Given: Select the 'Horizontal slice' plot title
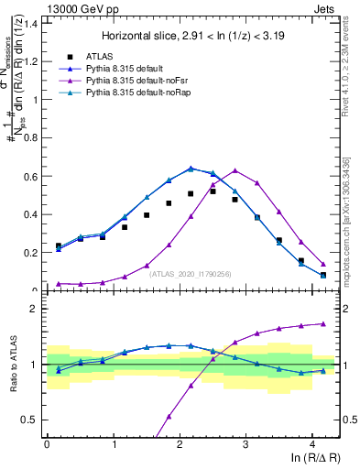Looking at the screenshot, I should pyautogui.click(x=193, y=36).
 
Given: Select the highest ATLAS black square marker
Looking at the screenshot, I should pyautogui.click(x=213, y=191).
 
